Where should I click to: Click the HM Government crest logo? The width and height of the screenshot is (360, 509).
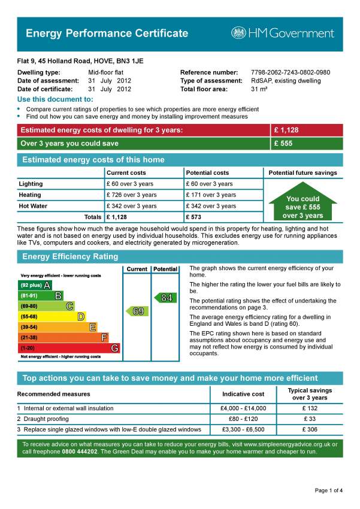point(238,33)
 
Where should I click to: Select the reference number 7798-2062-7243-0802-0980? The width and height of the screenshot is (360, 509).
point(290,72)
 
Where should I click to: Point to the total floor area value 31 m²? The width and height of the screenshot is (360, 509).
point(259,89)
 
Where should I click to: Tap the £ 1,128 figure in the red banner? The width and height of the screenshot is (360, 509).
point(286,130)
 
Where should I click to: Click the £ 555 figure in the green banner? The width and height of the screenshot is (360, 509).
point(283,144)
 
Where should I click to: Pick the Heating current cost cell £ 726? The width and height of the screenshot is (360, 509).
point(131,195)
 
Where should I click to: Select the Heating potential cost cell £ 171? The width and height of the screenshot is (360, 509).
point(211,195)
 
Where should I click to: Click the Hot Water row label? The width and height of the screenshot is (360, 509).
point(33,206)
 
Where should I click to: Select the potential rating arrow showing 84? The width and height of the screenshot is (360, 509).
point(165,298)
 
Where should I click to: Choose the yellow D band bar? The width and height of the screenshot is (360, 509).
point(52,316)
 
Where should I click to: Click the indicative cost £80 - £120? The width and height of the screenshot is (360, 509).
point(243,419)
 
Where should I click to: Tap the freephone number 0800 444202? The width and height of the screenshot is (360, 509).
point(80,452)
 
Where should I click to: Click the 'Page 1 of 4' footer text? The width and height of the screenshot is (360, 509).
point(329,490)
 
